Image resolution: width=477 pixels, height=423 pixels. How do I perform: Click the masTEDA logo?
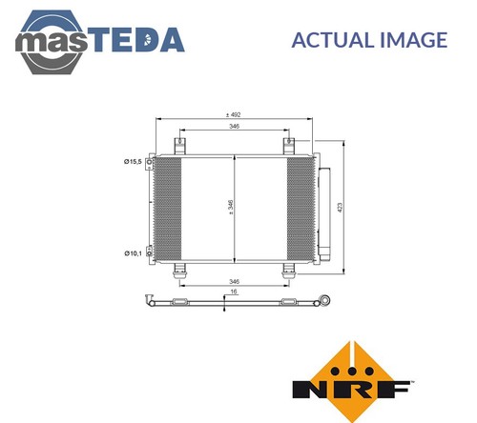click(99, 42)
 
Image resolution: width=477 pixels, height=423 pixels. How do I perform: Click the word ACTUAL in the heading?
click(333, 40)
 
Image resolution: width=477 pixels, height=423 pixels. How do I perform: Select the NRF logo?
click(353, 381)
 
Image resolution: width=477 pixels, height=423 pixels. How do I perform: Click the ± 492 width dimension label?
click(234, 114)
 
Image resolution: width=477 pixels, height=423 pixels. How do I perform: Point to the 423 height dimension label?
click(340, 208)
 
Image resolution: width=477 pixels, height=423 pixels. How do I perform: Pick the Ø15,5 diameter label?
click(133, 162)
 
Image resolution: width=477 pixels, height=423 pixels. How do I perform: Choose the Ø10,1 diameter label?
click(133, 253)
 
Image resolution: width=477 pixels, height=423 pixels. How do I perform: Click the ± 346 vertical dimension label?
click(231, 207)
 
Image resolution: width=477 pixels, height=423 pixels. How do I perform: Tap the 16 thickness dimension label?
click(234, 292)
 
